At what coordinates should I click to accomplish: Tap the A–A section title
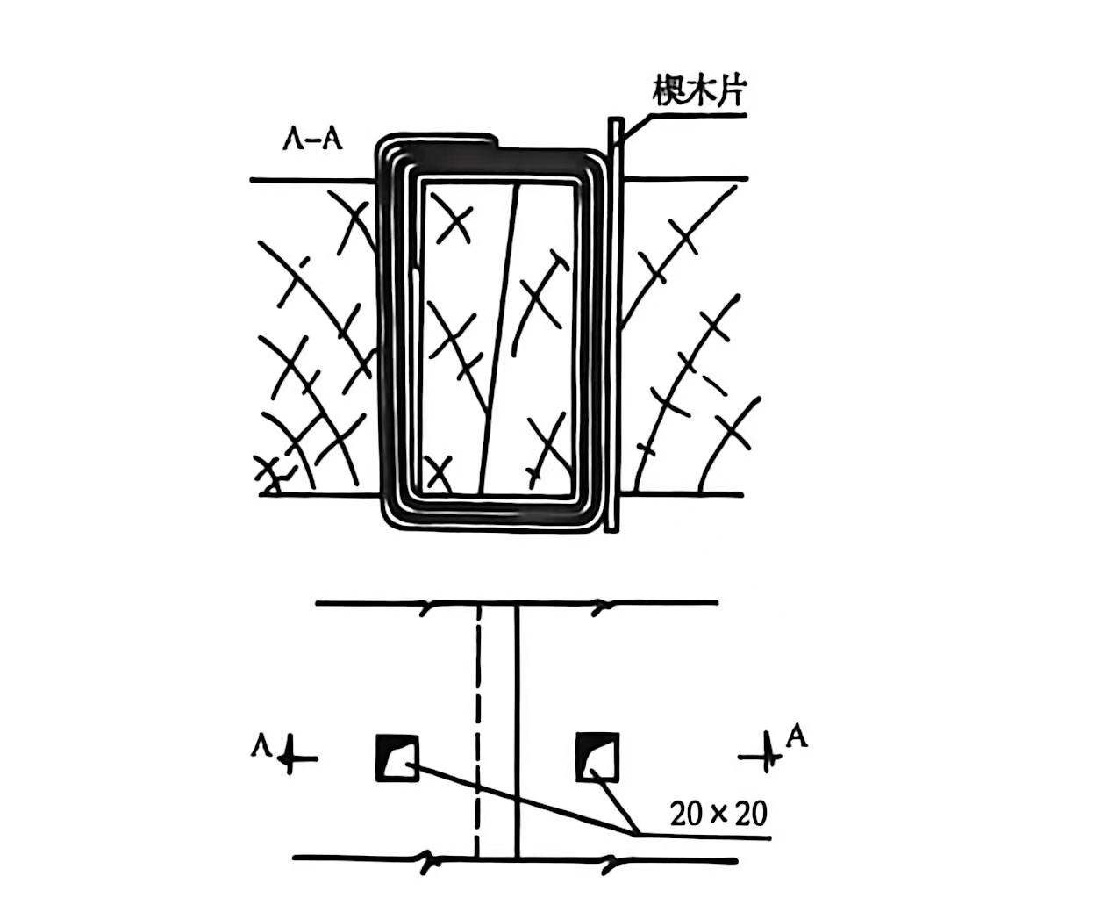coord(312,139)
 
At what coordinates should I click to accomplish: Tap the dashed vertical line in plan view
coord(478,730)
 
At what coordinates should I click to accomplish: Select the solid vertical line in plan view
coord(517,730)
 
